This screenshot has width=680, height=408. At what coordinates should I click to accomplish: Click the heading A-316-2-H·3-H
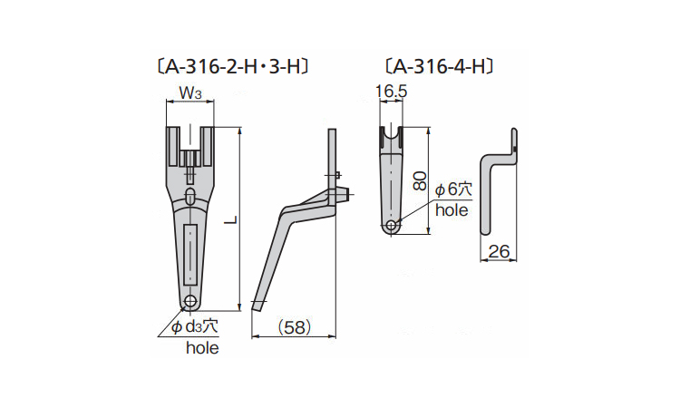tap(233, 67)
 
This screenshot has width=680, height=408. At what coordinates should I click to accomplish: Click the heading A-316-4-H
tap(440, 66)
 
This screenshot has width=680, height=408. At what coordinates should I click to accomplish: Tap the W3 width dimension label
tap(190, 92)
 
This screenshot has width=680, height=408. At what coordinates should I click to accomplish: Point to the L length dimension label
tap(232, 219)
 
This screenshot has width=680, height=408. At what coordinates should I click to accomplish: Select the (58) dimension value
tap(295, 327)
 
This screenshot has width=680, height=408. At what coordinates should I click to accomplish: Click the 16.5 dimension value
tap(391, 92)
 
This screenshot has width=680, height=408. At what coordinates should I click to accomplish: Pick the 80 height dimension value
tap(420, 180)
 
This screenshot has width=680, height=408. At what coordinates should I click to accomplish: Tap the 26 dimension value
tap(499, 251)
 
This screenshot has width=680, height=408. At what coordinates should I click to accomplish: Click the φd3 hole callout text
tap(194, 326)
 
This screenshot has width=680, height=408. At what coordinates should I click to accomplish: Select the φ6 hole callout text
tap(453, 189)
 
